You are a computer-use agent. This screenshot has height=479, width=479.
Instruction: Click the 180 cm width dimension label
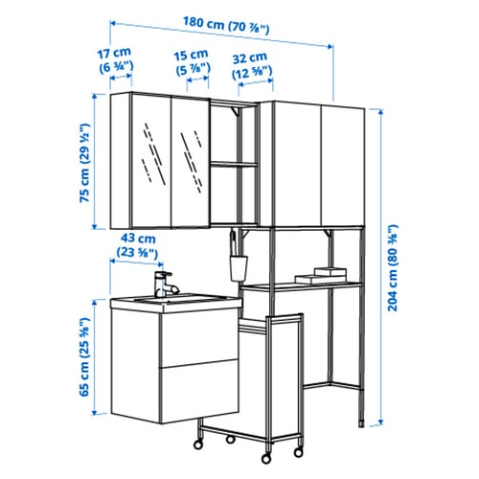226,25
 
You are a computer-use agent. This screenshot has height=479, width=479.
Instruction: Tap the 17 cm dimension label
115,59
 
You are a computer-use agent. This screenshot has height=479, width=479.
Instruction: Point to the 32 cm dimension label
252,66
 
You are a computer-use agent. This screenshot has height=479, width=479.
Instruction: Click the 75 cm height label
85,163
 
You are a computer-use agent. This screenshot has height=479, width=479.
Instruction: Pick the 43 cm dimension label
138,245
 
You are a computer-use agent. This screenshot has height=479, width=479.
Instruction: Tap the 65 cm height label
85,357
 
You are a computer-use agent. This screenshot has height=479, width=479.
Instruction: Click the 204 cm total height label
393,267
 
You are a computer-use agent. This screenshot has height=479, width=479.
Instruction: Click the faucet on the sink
166,285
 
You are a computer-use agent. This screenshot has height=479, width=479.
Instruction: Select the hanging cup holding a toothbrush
239,262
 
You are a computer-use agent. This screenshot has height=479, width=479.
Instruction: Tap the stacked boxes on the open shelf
321,276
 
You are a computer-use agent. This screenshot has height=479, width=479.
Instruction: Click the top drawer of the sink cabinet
199,338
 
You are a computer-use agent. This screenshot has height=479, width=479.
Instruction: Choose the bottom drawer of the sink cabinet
199,391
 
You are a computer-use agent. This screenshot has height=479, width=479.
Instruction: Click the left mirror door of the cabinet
151,160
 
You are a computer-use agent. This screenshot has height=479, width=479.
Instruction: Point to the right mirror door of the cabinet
191,163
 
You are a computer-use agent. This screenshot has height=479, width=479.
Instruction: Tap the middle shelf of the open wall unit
234,164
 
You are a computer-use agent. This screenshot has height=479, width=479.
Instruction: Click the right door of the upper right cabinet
342,167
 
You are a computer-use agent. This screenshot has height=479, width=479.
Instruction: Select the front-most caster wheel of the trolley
266,459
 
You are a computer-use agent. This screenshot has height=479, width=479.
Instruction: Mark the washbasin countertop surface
175,300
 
